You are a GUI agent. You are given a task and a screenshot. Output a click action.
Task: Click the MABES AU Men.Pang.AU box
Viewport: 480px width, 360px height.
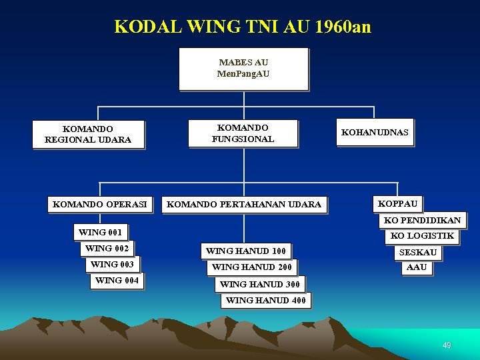click(243, 69)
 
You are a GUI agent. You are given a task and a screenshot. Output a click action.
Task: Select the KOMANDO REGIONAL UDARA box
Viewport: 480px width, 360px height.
click(88, 135)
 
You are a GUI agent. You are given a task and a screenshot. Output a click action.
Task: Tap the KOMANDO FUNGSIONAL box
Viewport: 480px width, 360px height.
click(243, 133)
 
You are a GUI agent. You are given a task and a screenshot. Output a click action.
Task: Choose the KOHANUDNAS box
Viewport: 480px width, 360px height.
click(375, 133)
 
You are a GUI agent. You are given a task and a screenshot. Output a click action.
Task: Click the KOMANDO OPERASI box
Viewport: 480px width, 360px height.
click(101, 204)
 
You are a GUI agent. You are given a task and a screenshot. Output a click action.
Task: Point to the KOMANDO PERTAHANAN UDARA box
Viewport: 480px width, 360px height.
click(244, 204)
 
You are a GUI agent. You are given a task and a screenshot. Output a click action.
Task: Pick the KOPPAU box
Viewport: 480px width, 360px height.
click(398, 203)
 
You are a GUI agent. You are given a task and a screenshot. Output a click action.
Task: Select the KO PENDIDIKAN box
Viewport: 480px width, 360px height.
click(422, 220)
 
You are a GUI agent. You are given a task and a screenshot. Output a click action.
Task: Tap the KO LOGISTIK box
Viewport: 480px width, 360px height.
click(422, 236)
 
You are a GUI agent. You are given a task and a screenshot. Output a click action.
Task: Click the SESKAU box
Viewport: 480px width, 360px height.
click(417, 253)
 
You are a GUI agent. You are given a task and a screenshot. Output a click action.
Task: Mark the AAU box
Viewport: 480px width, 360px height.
click(417, 267)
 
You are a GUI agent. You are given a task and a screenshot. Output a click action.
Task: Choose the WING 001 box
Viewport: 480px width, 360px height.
click(100, 233)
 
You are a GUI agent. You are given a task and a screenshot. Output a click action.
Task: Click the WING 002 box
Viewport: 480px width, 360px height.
click(107, 249)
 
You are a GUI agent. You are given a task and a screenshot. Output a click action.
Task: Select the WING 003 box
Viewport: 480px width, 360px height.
click(112, 265)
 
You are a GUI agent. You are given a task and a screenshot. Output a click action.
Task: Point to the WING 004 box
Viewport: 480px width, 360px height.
click(117, 281)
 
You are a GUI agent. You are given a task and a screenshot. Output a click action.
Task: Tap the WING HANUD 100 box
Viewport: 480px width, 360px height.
click(246, 251)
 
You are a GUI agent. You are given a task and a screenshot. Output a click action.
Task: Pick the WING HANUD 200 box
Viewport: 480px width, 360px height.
click(251, 267)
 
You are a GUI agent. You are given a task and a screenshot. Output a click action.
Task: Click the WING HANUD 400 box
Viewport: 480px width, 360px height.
click(266, 301)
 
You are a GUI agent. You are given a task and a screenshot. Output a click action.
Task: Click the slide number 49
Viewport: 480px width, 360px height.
click(447, 345)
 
